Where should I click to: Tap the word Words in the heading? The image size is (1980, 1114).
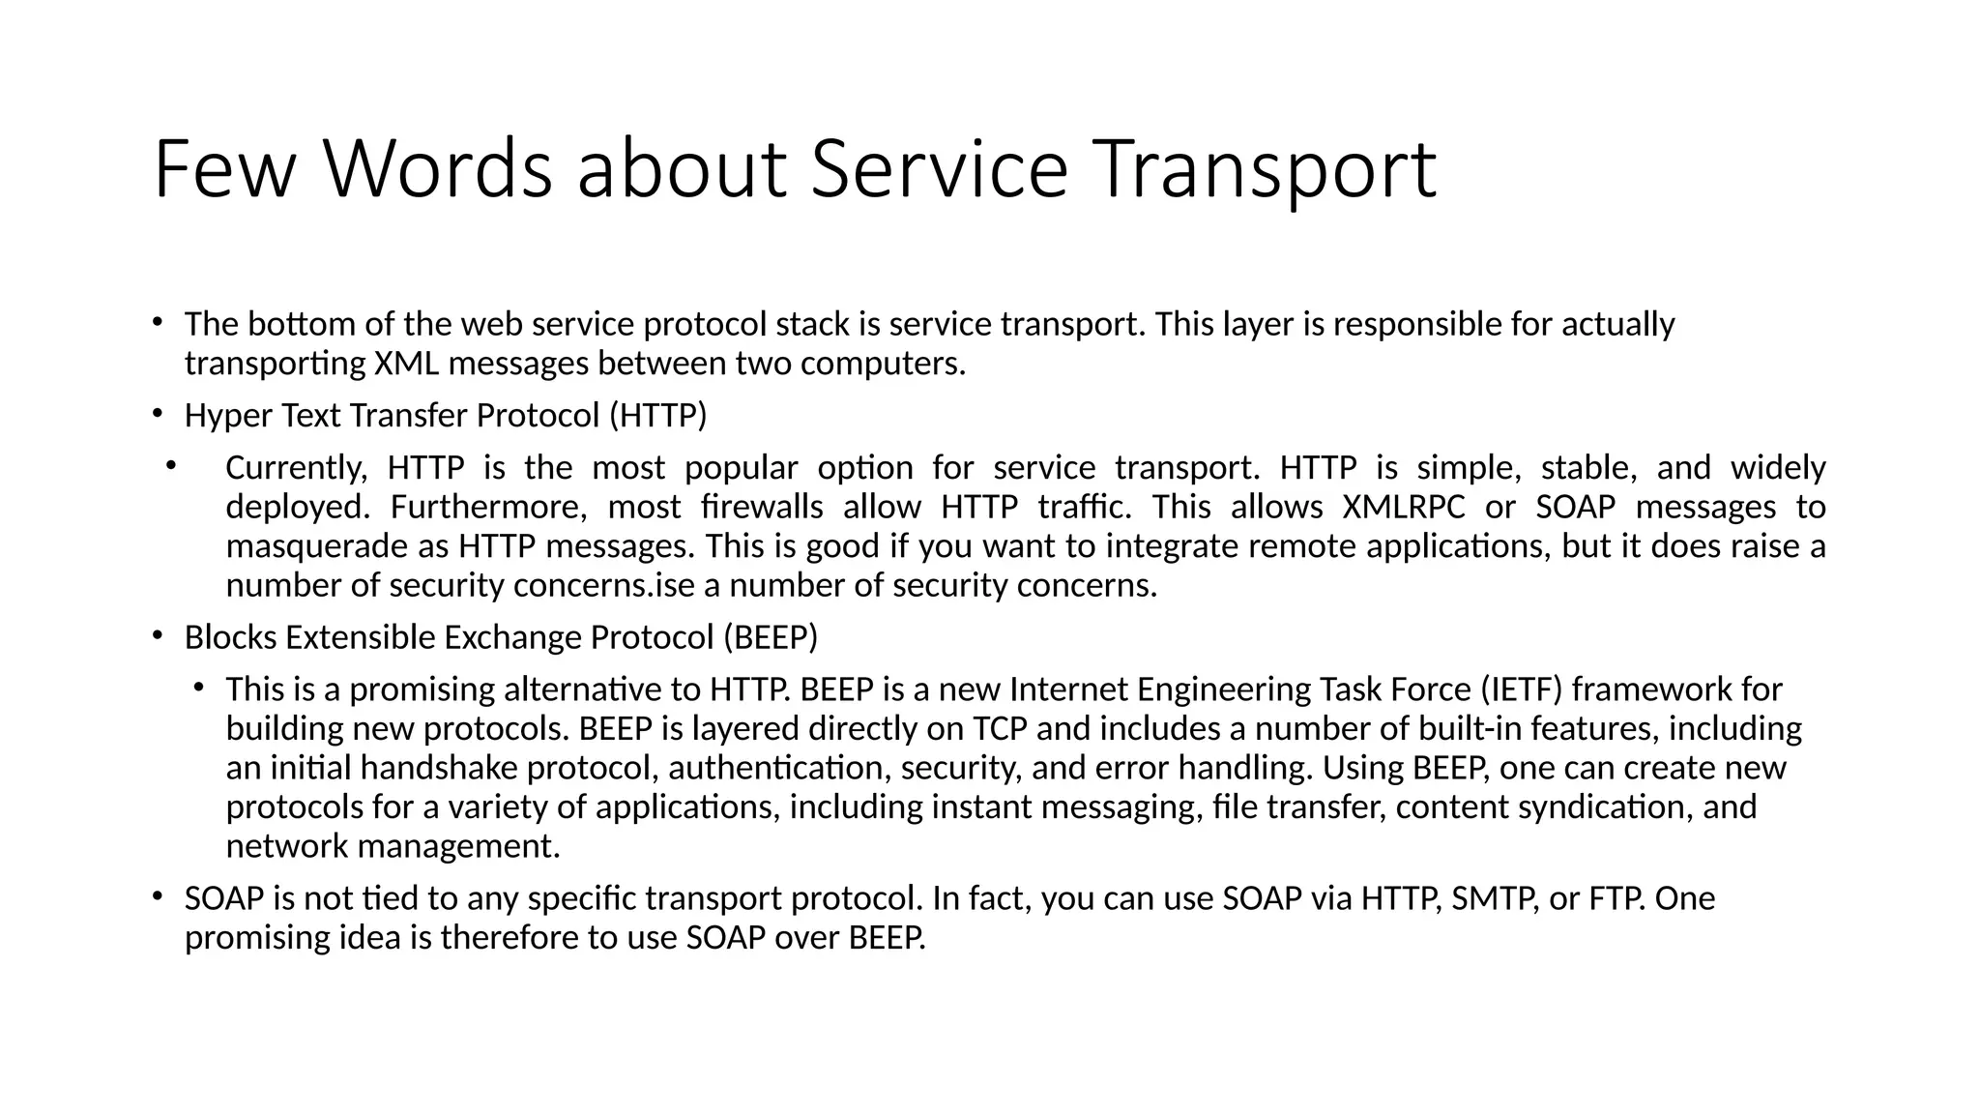(x=437, y=170)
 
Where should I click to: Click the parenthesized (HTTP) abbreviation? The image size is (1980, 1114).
(x=658, y=416)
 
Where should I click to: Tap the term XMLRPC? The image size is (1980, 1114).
(x=1404, y=508)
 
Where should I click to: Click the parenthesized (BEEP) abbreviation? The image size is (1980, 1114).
(x=770, y=638)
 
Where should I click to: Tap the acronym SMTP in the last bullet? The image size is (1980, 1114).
(x=1494, y=899)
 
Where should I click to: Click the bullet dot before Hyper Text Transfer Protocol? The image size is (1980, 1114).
(x=157, y=414)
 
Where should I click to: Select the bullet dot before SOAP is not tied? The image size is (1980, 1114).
(x=157, y=897)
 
